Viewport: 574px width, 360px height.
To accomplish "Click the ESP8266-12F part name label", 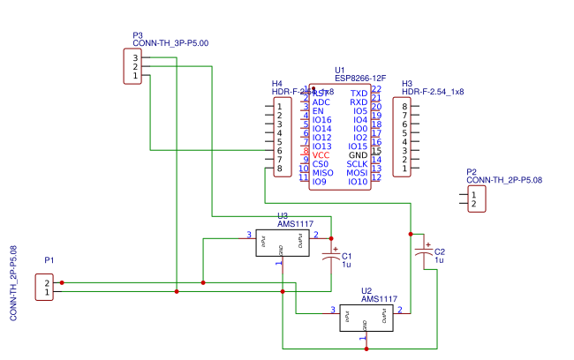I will point(360,78).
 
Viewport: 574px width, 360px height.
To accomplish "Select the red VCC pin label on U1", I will point(321,155).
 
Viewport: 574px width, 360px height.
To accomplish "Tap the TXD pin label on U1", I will point(359,94).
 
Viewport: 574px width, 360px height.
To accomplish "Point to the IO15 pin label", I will point(358,146).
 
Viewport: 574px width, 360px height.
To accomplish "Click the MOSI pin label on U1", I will point(357,173).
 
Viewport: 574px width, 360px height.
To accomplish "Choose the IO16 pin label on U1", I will point(321,120).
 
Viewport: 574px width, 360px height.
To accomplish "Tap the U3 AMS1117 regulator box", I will point(282,243).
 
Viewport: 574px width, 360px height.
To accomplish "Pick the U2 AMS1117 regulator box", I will point(366,317).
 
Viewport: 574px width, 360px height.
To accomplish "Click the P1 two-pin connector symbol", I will point(43,287).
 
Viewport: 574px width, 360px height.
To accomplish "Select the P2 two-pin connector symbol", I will point(476,199).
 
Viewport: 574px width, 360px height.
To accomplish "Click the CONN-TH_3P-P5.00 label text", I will point(170,43).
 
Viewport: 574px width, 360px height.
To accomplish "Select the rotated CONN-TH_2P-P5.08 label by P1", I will point(13,282).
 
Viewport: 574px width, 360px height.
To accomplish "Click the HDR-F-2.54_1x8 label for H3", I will point(433,92).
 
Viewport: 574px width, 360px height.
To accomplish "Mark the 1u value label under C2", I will point(438,261).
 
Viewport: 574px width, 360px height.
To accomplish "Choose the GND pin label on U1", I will point(358,155).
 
